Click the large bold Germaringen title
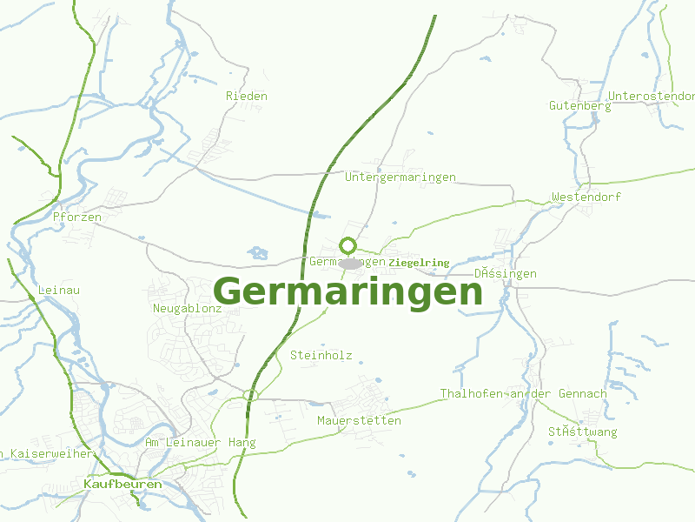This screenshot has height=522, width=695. coord(347,291)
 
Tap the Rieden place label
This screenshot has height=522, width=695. coord(246,96)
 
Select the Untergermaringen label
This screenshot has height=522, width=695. coord(400,177)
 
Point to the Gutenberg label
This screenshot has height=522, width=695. coord(579,106)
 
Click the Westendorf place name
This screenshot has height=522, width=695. coord(586,197)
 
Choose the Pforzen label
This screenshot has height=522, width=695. coord(77,217)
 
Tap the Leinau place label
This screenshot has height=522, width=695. coord(59,290)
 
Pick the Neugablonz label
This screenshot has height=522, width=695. coord(187,309)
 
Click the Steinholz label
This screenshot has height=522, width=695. coord(321,355)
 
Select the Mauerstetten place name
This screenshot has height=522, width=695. coord(359,421)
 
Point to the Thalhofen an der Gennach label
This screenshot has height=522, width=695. coord(523,394)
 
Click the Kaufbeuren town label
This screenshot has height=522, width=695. coord(122,484)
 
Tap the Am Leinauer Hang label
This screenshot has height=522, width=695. coord(200,443)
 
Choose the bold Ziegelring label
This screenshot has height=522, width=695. coord(420,263)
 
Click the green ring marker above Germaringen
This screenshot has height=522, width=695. coord(348,246)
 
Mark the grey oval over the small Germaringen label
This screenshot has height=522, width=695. coord(350,263)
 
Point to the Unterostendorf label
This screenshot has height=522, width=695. coord(652,96)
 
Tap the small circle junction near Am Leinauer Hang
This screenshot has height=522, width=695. coord(250,396)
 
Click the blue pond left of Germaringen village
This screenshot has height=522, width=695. coord(257,253)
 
